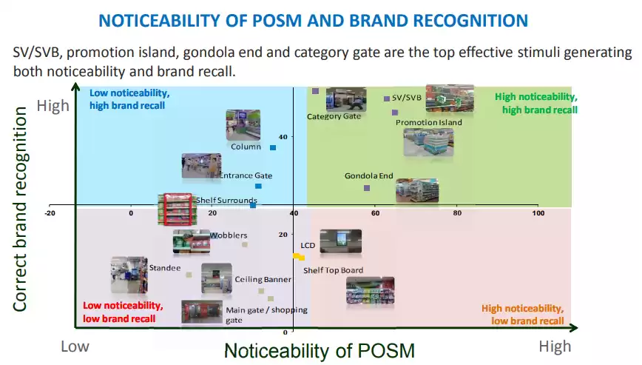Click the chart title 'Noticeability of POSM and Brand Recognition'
[313, 20]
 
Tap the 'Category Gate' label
[334, 116]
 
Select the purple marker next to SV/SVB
[386, 98]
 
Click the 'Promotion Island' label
[429, 122]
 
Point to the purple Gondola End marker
[367, 188]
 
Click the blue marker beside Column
[273, 147]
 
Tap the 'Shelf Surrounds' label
[226, 200]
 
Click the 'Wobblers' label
[229, 235]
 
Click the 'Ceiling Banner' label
[263, 279]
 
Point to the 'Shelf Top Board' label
[333, 270]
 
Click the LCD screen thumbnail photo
[340, 242]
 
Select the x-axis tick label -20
[50, 213]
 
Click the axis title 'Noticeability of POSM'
[320, 349]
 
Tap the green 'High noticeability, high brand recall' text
[535, 103]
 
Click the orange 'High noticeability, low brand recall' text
[522, 315]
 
